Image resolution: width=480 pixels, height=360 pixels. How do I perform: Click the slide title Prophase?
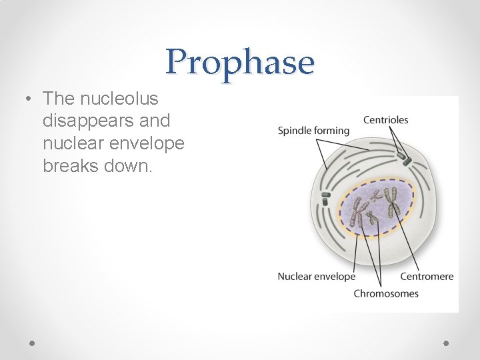pos(240,62)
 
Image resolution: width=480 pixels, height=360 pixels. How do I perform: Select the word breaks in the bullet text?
pos(71,165)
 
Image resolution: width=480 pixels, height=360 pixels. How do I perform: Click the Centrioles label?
pos(385,120)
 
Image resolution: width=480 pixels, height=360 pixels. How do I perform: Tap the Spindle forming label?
pos(313,131)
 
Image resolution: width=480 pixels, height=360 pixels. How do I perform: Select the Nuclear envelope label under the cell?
pos(316,276)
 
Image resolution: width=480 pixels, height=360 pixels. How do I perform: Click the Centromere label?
pos(427,276)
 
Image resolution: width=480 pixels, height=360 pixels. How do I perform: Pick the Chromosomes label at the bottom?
pos(386,293)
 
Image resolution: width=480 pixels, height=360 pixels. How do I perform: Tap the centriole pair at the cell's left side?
pos(325,198)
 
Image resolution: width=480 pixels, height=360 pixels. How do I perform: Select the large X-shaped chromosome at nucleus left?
pos(358,215)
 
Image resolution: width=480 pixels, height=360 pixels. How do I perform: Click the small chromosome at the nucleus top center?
pos(377,195)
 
